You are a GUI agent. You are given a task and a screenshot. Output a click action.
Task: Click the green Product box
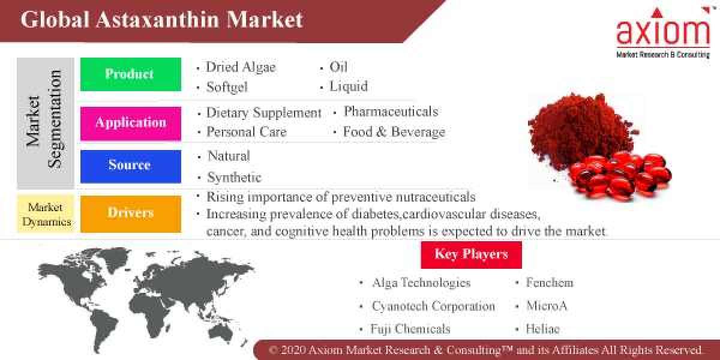(x=130, y=74)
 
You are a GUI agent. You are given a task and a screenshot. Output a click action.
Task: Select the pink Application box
(x=130, y=123)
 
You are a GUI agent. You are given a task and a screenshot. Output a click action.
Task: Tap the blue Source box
(x=130, y=166)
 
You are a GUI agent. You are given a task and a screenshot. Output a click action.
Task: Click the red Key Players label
(x=471, y=254)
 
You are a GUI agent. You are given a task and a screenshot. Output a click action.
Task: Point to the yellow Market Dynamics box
(x=46, y=214)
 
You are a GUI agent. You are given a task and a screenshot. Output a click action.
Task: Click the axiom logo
(x=662, y=33)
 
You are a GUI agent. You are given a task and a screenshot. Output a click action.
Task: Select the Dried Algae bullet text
(x=240, y=67)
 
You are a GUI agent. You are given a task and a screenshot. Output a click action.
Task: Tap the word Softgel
(x=226, y=87)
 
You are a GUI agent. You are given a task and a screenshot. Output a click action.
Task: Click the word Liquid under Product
(x=348, y=86)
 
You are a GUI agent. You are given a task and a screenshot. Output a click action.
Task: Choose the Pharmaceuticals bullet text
(x=391, y=112)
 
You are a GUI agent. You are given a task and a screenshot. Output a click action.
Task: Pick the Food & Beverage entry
(x=394, y=132)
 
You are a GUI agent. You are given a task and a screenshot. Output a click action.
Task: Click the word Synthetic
(x=234, y=178)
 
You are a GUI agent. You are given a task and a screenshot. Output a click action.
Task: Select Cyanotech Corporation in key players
(x=433, y=306)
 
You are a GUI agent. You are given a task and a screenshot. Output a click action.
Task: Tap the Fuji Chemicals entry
(x=410, y=329)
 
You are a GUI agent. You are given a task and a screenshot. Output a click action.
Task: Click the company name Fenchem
(x=549, y=283)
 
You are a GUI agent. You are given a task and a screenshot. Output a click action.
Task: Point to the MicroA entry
(x=546, y=306)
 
